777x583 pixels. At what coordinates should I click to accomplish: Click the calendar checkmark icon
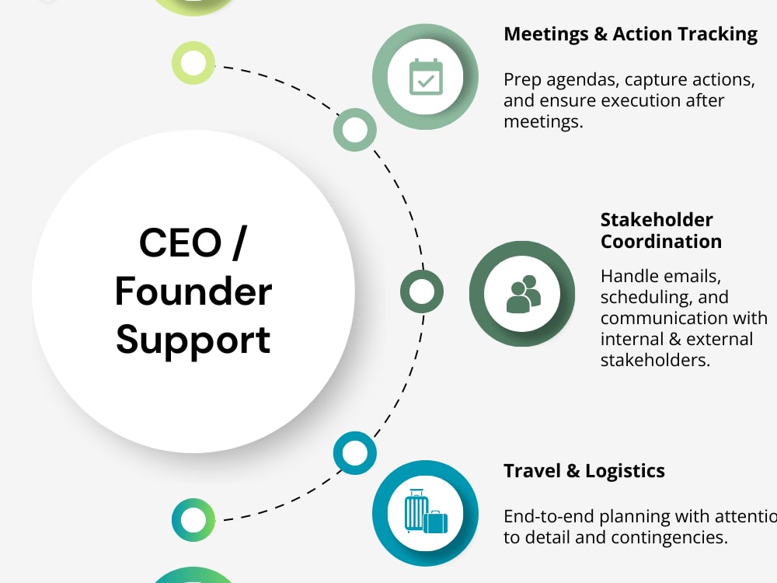pyautogui.click(x=426, y=77)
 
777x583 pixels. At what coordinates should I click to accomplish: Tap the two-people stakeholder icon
pyautogui.click(x=523, y=294)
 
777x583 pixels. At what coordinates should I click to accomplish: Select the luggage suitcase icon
pyautogui.click(x=426, y=511)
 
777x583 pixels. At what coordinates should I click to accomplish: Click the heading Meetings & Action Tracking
pyautogui.click(x=630, y=34)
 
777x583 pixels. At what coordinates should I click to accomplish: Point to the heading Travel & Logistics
pyautogui.click(x=584, y=471)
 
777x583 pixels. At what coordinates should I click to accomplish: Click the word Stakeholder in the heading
pyautogui.click(x=657, y=219)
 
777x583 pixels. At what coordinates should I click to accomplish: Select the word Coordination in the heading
pyautogui.click(x=661, y=242)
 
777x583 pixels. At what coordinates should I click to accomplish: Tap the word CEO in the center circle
pyautogui.click(x=180, y=243)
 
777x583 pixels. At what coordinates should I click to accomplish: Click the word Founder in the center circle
pyautogui.click(x=193, y=291)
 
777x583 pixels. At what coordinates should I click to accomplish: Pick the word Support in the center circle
pyautogui.click(x=193, y=341)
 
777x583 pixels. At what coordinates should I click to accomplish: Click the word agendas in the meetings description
pyautogui.click(x=583, y=80)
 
